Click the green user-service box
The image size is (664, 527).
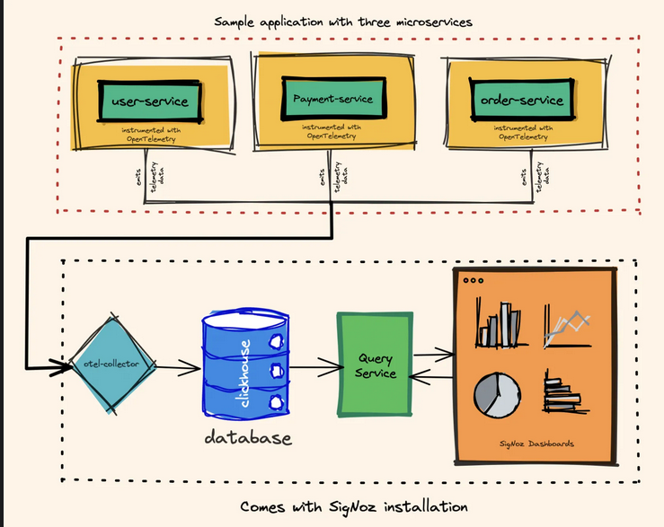coord(150,101)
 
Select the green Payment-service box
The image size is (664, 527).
coord(332,98)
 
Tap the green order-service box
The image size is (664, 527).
coord(522,100)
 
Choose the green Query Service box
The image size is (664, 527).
coord(375,365)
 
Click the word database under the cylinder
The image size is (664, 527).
coord(248,438)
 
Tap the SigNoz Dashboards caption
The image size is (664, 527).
coord(536,444)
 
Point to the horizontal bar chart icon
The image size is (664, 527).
coord(565,396)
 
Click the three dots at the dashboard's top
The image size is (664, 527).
coord(471,281)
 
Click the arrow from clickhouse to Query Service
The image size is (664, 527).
coord(311,366)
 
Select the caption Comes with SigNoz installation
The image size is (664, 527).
coord(354,506)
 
